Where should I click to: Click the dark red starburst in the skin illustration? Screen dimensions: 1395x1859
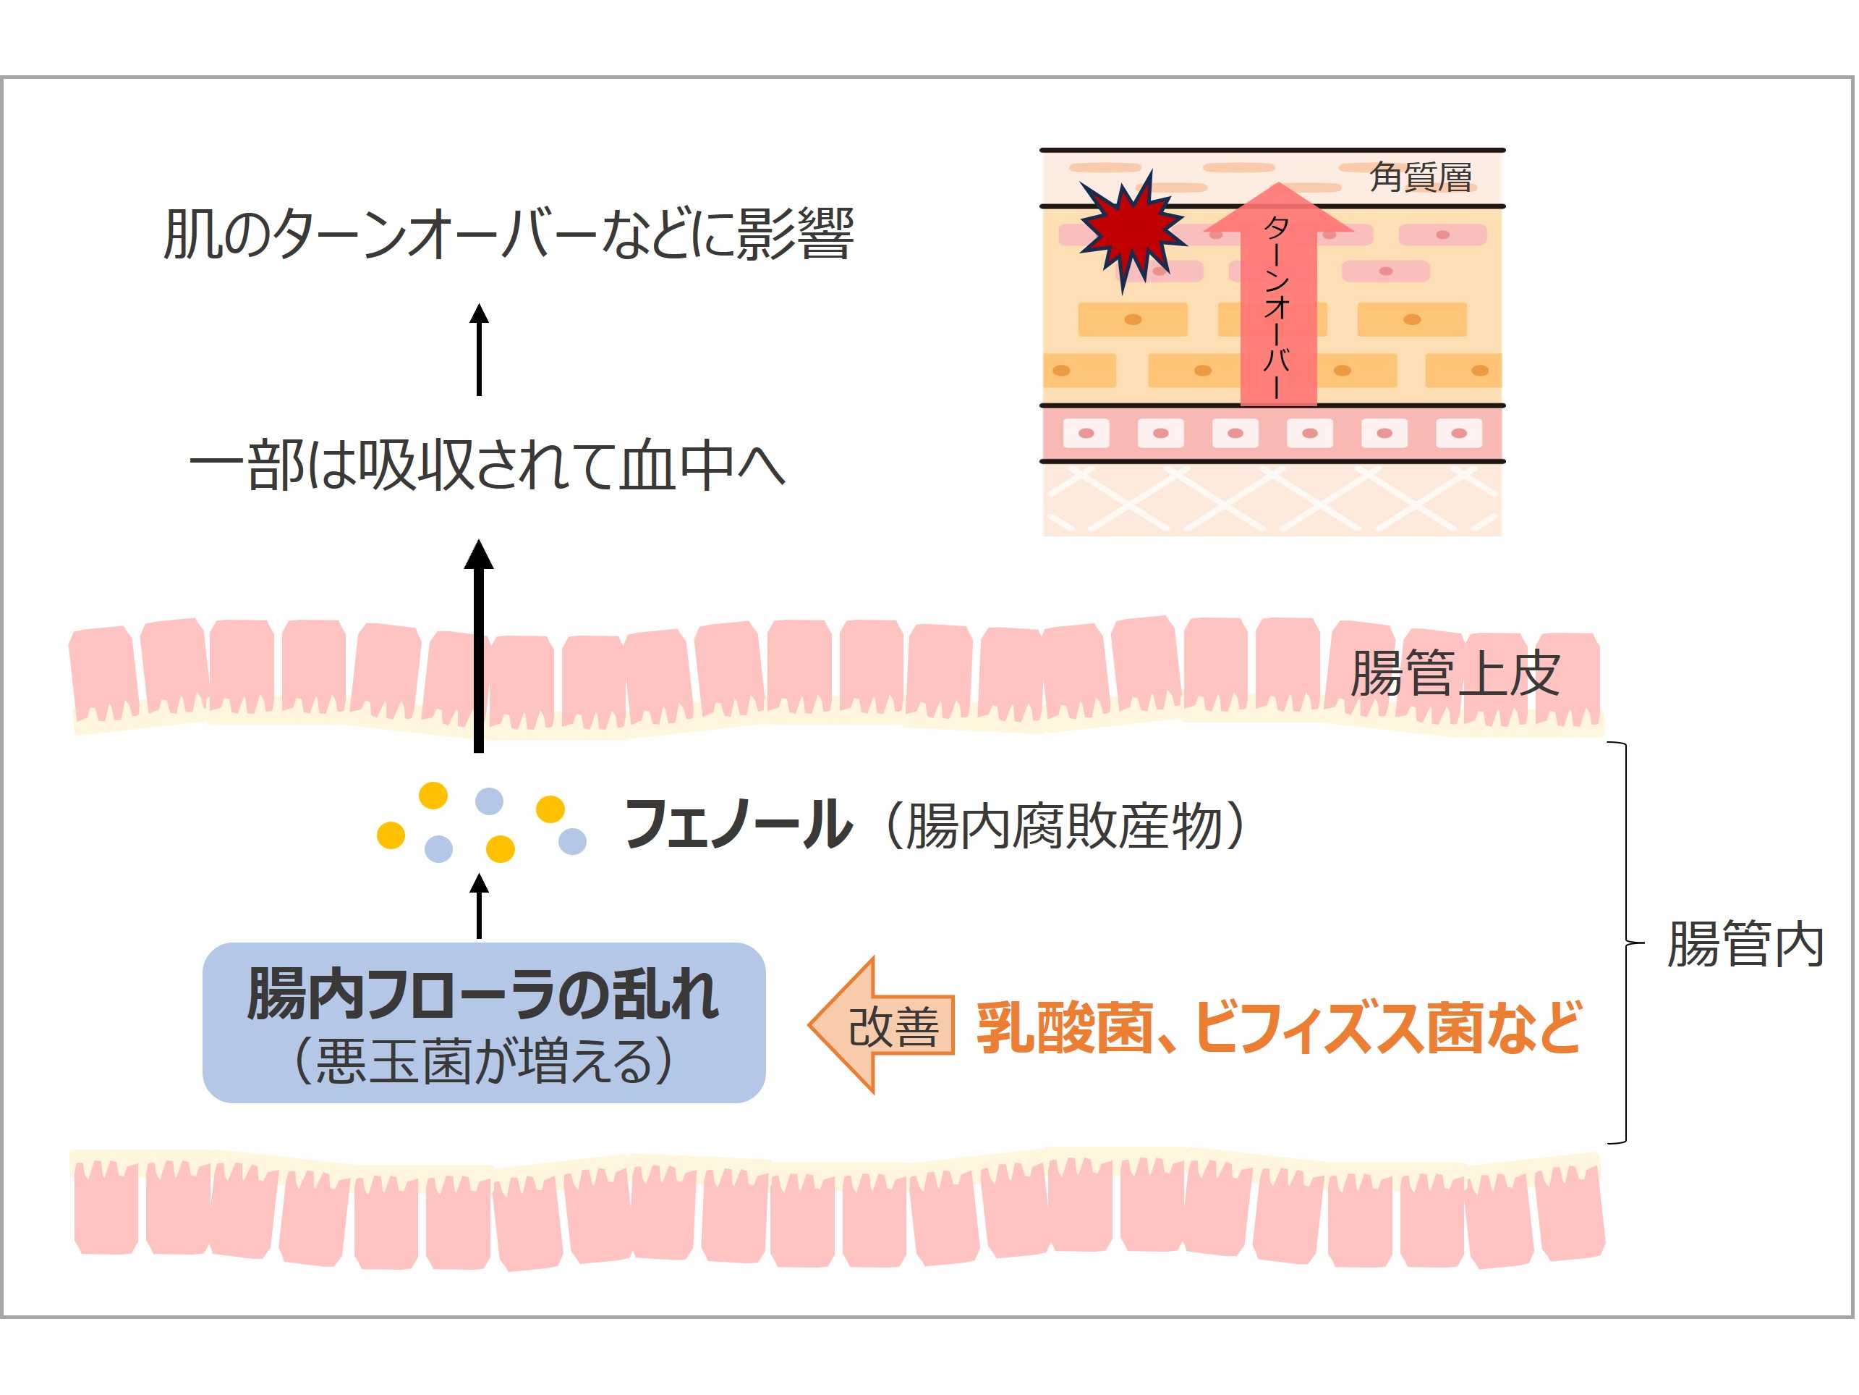pos(1131,228)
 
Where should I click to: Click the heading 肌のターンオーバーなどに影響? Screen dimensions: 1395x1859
pos(509,234)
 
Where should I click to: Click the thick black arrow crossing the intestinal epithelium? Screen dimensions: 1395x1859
pos(479,647)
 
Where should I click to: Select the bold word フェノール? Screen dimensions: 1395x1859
pos(737,825)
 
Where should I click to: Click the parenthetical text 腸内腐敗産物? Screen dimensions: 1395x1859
pos(1063,827)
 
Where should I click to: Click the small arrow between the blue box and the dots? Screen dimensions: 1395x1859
pos(479,907)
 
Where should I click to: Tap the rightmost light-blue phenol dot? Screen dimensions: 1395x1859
pos(572,841)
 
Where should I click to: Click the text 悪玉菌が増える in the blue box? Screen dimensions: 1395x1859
pos(483,1061)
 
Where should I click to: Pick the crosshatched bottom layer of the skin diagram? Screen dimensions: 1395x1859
pos(1272,500)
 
